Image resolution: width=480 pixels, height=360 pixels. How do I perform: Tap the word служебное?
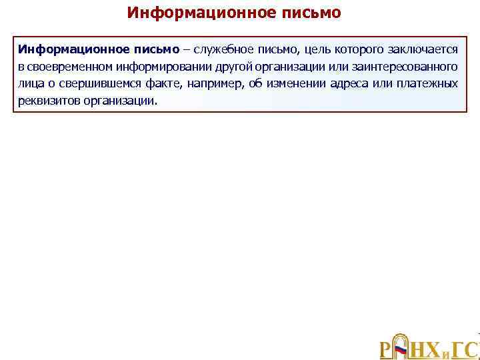coord(223,50)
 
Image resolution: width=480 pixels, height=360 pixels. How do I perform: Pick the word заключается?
coord(425,50)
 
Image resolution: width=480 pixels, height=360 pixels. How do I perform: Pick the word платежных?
coord(427,84)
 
